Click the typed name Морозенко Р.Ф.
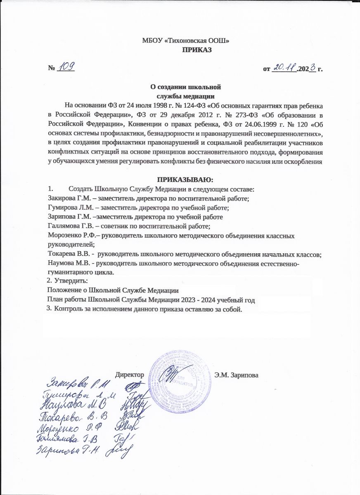[x=69, y=236]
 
